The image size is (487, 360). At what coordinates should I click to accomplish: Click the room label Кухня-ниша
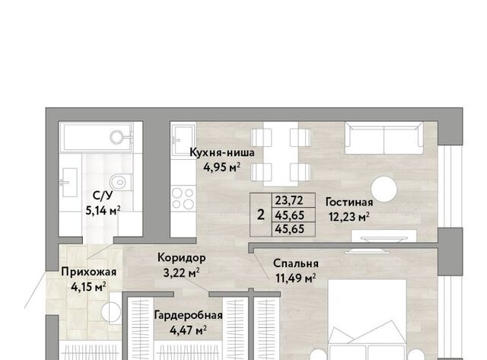coord(221,152)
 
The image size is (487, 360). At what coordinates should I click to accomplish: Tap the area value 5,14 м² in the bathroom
coord(103,211)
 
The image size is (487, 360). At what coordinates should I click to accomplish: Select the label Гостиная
coord(349,202)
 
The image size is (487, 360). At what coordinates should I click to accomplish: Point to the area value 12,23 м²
coord(349,217)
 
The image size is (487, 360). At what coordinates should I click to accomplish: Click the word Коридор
coord(181,258)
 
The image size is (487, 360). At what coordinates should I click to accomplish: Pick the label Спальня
coord(296,263)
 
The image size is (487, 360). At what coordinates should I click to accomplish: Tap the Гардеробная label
coord(188,315)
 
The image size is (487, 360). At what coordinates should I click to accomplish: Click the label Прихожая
coord(88,272)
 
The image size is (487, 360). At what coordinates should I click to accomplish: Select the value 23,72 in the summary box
coord(289,200)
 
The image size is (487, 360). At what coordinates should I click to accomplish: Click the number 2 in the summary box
coord(261,215)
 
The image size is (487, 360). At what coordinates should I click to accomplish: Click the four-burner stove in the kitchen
coord(183,199)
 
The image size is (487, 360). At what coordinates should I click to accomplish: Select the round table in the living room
coord(384,190)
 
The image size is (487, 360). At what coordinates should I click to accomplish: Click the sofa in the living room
coord(384,138)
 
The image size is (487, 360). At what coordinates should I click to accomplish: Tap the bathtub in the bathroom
coord(97,136)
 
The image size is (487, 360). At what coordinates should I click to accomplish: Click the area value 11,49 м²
coord(296,278)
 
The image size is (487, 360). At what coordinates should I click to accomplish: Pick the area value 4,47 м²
coord(188,330)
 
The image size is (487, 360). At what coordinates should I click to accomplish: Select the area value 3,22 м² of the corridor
coord(181,273)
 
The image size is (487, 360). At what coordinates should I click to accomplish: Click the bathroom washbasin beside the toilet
coord(68,183)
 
